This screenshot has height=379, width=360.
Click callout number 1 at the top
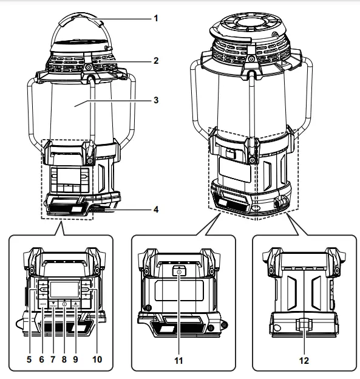tap(155, 18)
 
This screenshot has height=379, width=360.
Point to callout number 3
tap(155, 99)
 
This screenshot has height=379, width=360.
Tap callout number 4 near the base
tap(155, 211)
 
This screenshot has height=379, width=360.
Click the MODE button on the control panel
tap(42, 302)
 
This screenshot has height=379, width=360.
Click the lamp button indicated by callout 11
tap(179, 273)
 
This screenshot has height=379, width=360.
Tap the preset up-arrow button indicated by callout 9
tap(75, 302)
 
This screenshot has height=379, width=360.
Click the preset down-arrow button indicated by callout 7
tap(53, 302)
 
